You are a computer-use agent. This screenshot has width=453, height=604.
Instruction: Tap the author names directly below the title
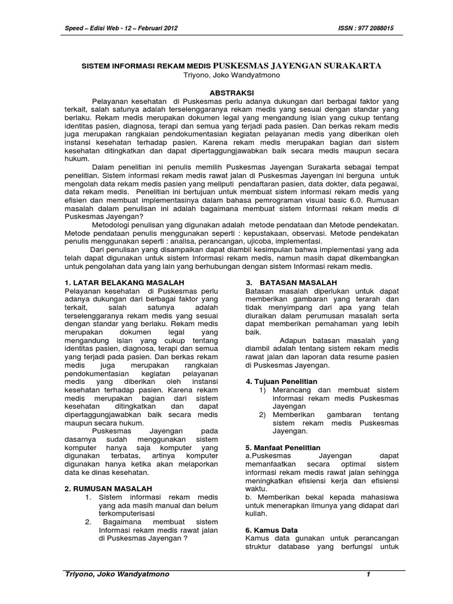point(231,75)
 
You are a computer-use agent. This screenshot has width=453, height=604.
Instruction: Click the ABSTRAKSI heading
point(231,93)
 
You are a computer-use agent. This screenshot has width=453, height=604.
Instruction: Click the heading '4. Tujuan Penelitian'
point(282,382)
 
